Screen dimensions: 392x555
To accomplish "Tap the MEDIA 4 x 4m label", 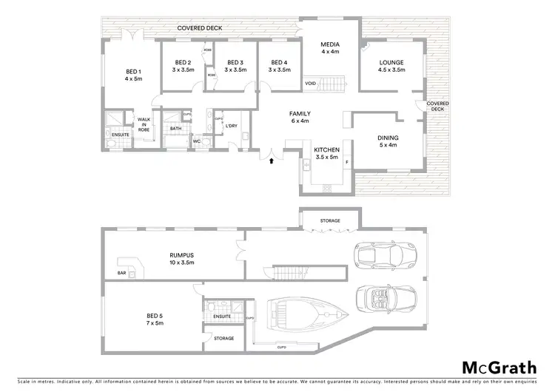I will (330, 48).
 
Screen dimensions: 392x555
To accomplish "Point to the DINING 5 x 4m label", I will (387, 141).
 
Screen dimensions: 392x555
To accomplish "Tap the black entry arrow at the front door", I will (272, 157).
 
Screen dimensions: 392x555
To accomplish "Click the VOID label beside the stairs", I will (311, 84).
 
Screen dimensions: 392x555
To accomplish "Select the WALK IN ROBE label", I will (144, 124).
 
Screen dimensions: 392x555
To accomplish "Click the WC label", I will (197, 141).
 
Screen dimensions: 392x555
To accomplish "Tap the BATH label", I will (175, 128).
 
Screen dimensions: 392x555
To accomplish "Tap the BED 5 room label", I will (155, 320).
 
